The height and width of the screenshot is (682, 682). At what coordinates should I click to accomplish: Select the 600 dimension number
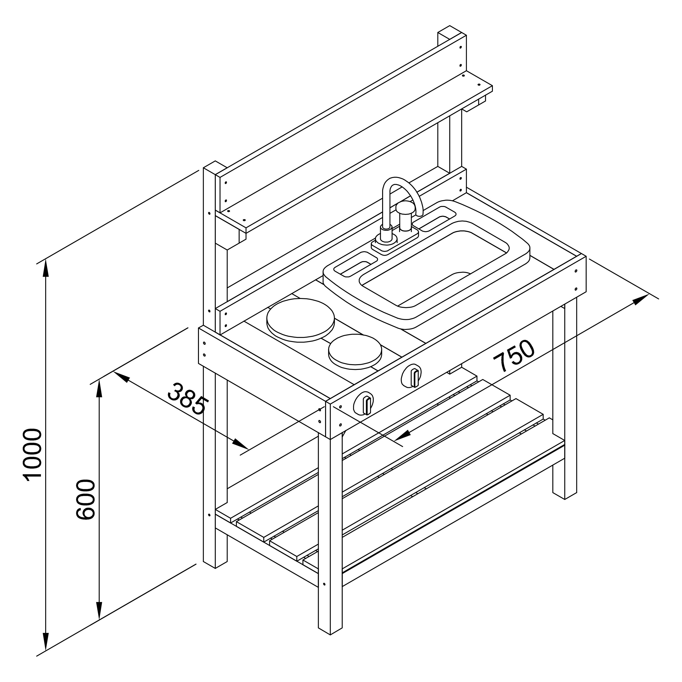coord(86,499)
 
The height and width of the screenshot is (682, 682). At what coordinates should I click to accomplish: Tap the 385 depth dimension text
coord(186,399)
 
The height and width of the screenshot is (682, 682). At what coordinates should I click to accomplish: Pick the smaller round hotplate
coord(355,351)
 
